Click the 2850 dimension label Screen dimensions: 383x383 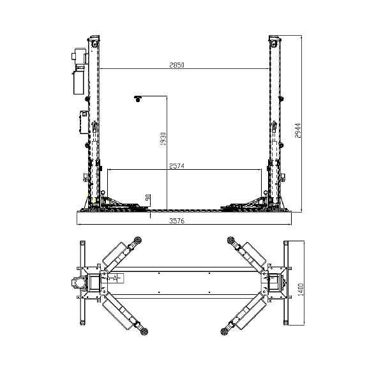pos(177,65)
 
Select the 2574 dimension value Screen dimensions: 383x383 pos(177,166)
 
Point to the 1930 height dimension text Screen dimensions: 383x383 pos(163,139)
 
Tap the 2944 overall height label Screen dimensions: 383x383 pos(298,131)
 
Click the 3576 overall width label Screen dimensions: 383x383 pos(177,221)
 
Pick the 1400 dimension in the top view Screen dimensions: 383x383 pos(301,290)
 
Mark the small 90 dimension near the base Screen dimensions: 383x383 pos(148,197)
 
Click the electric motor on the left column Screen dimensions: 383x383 pos(79,56)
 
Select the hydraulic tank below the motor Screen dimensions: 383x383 pos(79,82)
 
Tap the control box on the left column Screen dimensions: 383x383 pos(84,122)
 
